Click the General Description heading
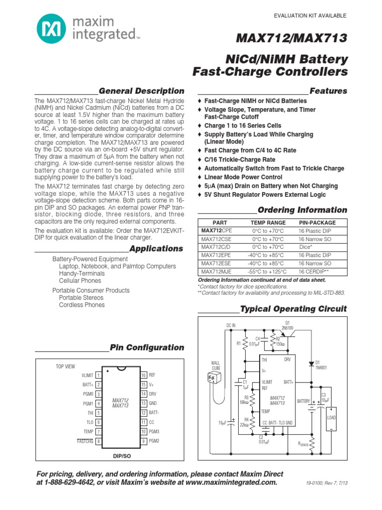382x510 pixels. [x=141, y=91]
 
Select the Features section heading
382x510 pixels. [x=328, y=91]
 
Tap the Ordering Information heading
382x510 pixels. [x=302, y=210]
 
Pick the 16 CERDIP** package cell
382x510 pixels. [x=314, y=271]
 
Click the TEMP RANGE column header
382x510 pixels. [x=268, y=223]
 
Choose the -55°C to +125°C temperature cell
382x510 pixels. [x=268, y=271]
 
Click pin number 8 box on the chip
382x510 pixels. [x=98, y=441]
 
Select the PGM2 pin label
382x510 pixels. [x=154, y=441]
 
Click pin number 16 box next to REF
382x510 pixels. [x=143, y=375]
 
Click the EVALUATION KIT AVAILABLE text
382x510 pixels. [x=310, y=16]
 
